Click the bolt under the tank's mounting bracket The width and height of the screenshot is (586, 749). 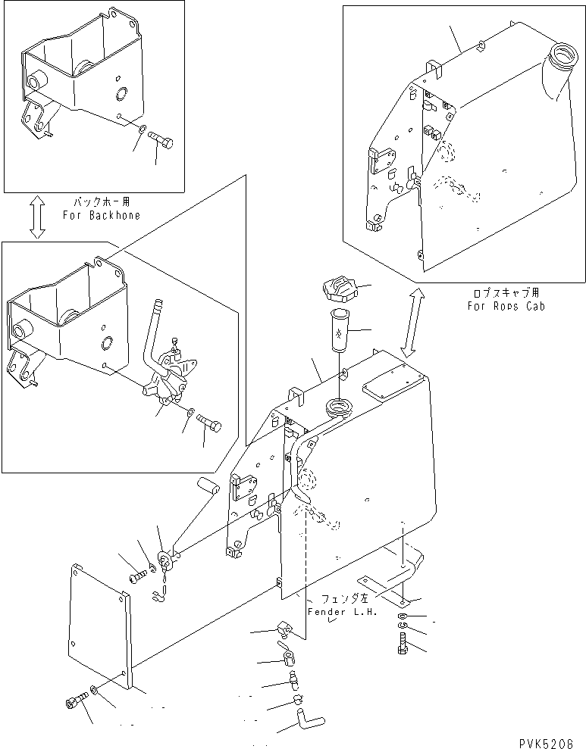(x=402, y=646)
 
